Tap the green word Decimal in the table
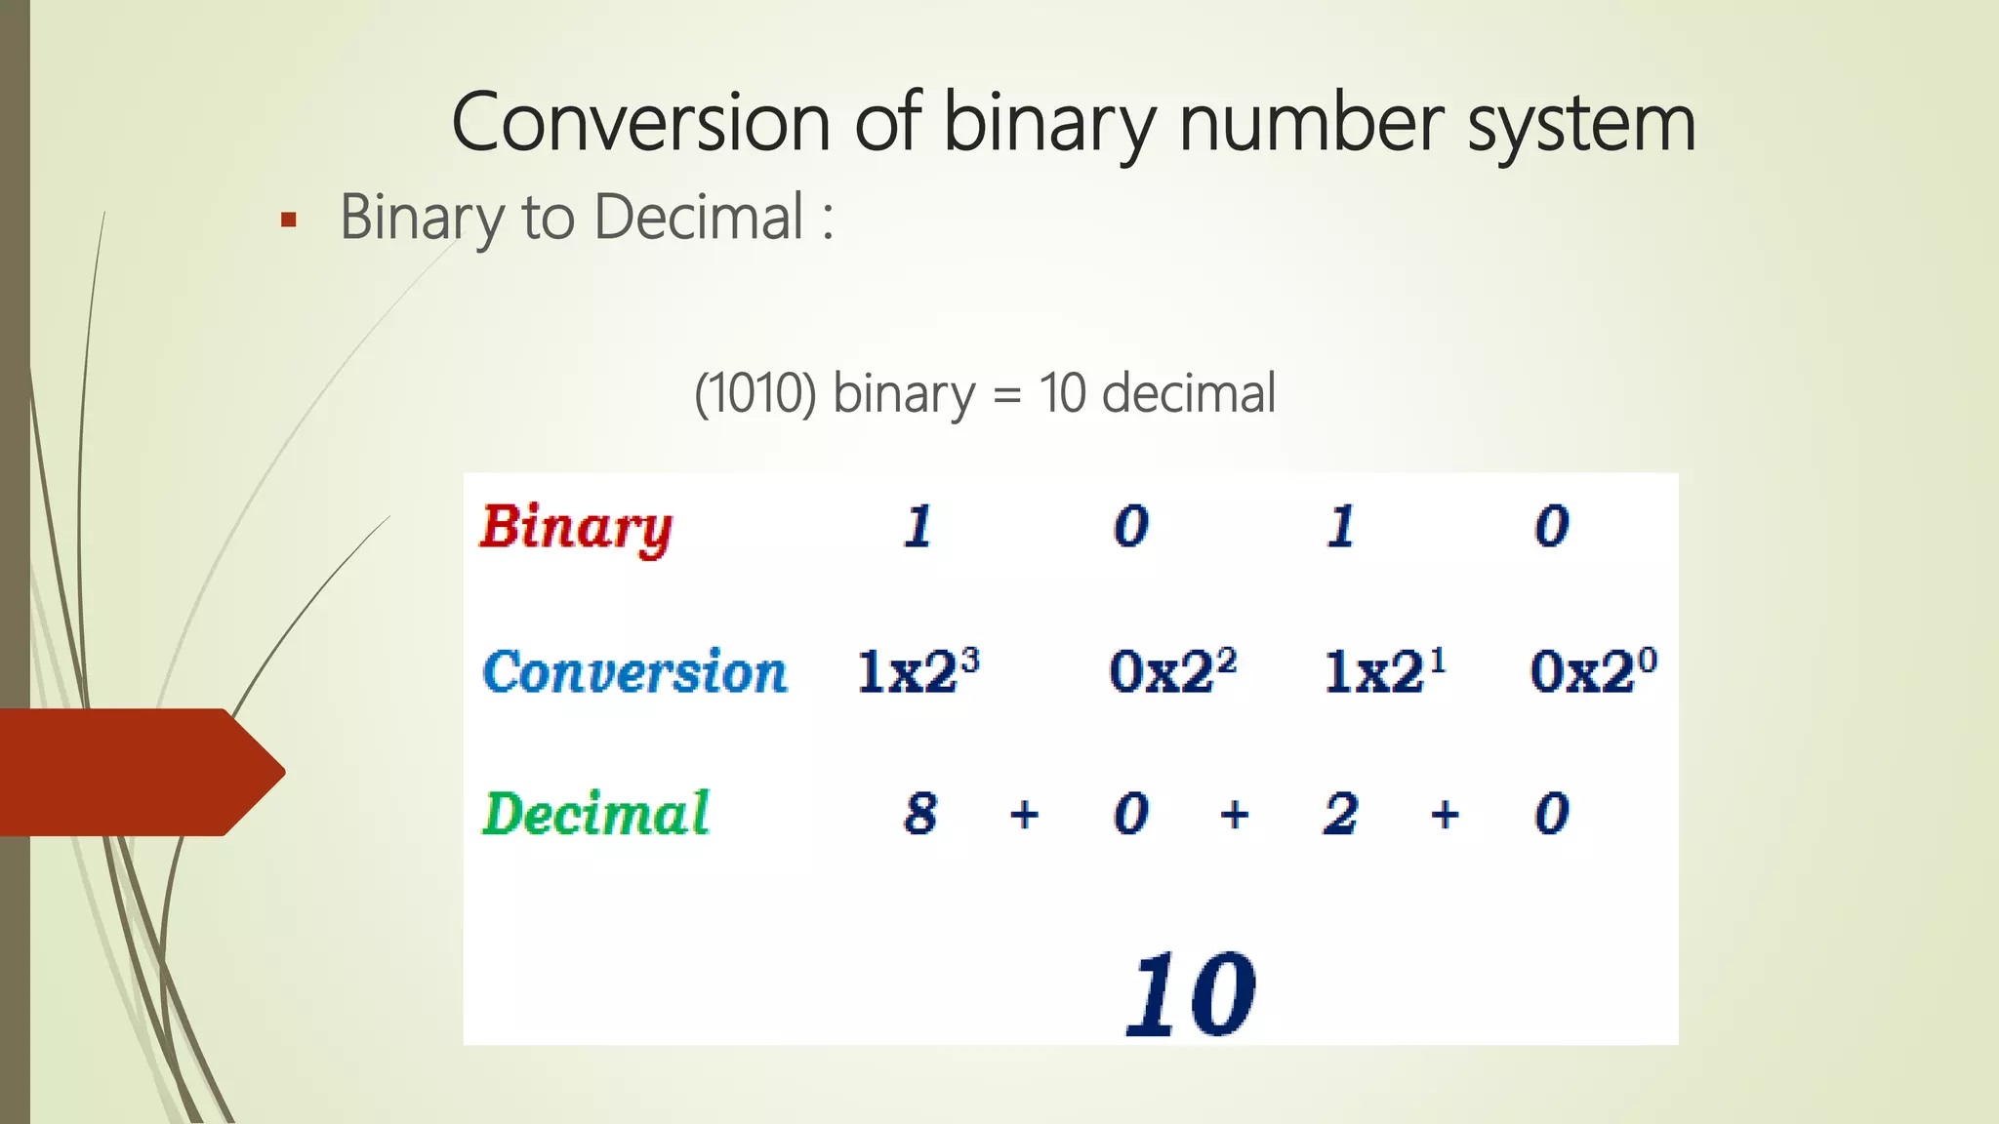595,814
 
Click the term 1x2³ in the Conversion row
918,670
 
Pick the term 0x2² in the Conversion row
1172,670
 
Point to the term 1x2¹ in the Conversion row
1384,670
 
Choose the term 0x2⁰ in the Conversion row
1593,670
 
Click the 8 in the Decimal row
920,814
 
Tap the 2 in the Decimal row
1341,814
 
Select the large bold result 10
1191,994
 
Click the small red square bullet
288,220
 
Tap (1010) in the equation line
755,394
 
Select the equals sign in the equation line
1006,396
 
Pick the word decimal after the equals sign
1189,392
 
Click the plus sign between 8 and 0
1024,814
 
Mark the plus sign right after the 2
1446,814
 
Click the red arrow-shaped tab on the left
143,772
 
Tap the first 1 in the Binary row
918,527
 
